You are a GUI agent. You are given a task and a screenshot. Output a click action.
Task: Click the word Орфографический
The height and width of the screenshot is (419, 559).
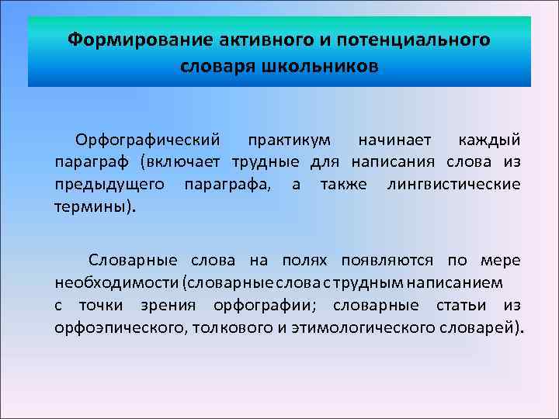click(x=148, y=140)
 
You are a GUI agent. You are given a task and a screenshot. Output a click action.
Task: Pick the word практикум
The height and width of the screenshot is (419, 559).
click(x=290, y=140)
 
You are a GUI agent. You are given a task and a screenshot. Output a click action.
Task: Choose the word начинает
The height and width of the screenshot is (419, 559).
click(x=393, y=140)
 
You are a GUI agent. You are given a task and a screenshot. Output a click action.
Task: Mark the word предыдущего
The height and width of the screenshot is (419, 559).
click(x=109, y=185)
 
